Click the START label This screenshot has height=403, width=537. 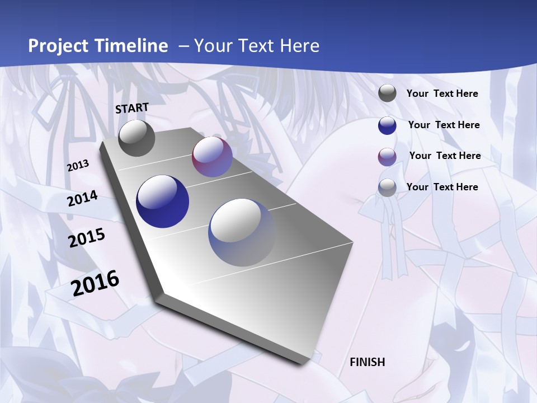(x=132, y=108)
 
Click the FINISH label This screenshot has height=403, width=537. (x=367, y=362)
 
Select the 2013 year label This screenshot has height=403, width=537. (x=78, y=166)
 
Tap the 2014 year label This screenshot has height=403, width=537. (x=82, y=199)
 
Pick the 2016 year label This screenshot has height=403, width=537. (x=95, y=283)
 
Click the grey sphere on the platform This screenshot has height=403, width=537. (x=136, y=138)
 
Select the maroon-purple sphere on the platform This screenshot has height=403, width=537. (x=212, y=157)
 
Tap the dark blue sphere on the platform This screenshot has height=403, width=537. (x=162, y=201)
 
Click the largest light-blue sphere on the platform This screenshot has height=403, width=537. (x=242, y=232)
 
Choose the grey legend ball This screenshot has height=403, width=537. (x=387, y=93)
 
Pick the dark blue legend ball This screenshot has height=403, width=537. (x=387, y=125)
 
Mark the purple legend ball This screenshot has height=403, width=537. (x=387, y=157)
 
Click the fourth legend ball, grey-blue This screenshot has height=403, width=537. (x=387, y=188)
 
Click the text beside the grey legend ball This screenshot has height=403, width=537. (x=442, y=94)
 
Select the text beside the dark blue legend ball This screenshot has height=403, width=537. (x=444, y=125)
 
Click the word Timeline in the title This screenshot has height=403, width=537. (x=131, y=46)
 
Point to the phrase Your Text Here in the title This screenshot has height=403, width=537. (x=256, y=46)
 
